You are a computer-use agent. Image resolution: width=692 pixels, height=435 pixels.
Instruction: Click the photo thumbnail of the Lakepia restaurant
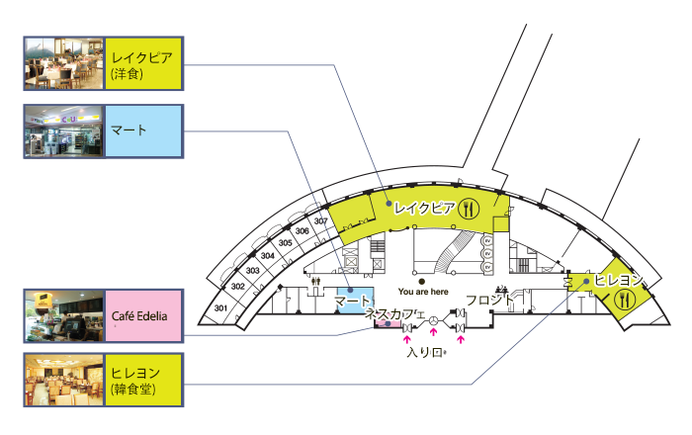point(63,64)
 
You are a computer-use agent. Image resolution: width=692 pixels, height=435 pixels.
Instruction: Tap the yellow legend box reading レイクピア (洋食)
point(142,64)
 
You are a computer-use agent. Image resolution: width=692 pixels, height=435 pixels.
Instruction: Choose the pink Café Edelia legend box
point(142,315)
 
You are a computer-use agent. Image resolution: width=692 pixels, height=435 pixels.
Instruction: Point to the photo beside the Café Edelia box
point(63,315)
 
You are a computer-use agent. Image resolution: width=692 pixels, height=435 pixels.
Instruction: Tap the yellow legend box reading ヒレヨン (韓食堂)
point(142,382)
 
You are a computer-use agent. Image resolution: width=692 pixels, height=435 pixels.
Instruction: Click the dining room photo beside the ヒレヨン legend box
point(63,382)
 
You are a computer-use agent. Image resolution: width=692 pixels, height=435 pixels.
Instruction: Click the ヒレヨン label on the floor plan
point(620,280)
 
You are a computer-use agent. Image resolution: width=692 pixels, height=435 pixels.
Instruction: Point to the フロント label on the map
point(490,299)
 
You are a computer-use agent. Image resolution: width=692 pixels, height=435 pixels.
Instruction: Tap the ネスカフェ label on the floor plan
point(394,313)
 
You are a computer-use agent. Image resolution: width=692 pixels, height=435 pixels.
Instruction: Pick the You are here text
point(422,292)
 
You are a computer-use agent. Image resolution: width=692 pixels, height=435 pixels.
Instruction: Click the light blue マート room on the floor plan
point(353,300)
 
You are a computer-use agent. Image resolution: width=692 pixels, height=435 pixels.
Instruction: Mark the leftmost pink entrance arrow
point(407,338)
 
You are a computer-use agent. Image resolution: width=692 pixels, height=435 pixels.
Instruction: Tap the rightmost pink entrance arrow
point(460,338)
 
